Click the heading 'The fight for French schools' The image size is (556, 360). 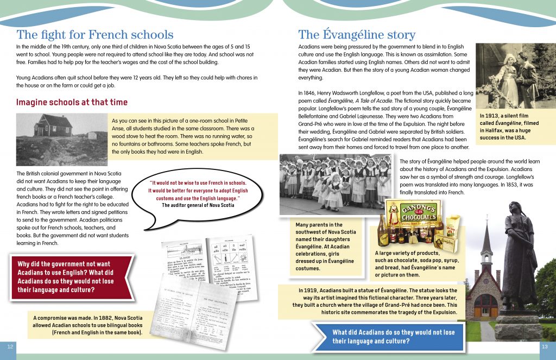coord(95,35)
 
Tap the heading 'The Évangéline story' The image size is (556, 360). coord(357,35)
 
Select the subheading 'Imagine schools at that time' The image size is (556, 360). coord(72,102)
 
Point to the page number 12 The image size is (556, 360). coord(10,346)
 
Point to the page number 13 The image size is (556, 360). coord(545,346)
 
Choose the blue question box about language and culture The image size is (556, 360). coord(389,337)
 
